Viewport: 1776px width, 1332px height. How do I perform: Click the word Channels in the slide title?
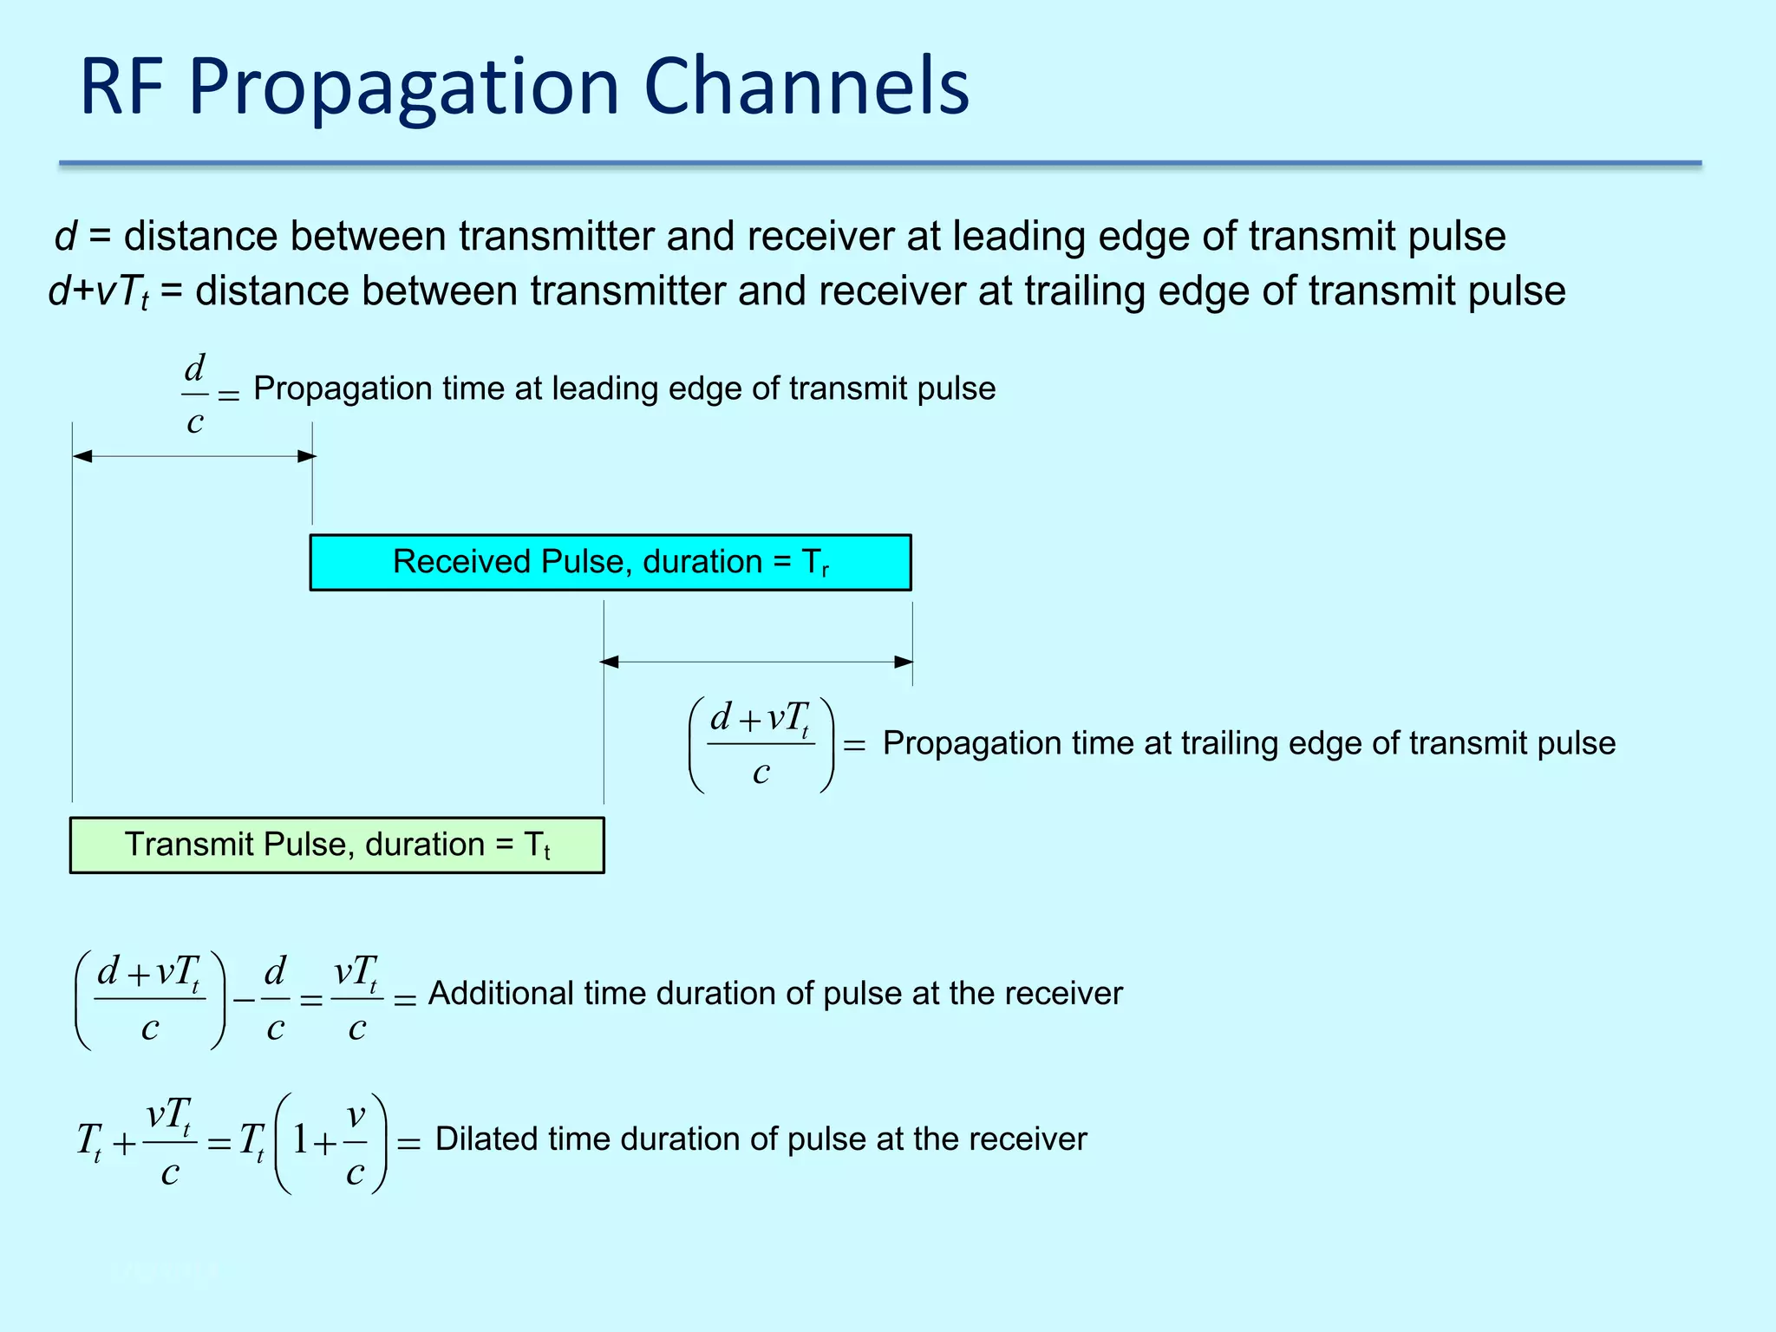[x=806, y=87]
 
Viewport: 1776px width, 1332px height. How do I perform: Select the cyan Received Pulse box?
[x=610, y=563]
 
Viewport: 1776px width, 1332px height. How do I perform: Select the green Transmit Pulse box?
[x=336, y=845]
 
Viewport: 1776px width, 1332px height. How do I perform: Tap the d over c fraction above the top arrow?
[x=195, y=395]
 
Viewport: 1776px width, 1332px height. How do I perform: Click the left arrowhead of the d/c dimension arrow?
[x=82, y=456]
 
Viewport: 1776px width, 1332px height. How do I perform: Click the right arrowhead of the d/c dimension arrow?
[x=307, y=456]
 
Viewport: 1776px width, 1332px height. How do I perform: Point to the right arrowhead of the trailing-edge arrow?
[x=904, y=662]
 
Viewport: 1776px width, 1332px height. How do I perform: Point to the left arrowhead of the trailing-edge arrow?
[x=610, y=662]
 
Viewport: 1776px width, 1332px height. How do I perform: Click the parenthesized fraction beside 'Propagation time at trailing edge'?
[x=761, y=745]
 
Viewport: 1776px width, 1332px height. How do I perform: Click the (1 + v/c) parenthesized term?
[x=330, y=1144]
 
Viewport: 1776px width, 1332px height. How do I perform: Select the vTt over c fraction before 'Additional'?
[x=356, y=999]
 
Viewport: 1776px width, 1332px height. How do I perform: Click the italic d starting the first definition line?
[x=65, y=237]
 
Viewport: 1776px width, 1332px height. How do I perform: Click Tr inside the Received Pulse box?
[x=815, y=564]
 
